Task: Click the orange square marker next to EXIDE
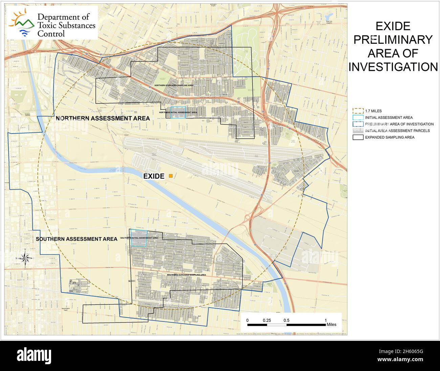coord(171,176)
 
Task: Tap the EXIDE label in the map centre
coord(154,176)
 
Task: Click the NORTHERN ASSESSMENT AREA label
coord(103,118)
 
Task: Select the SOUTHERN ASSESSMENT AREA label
coord(76,239)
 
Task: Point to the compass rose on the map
coord(25,258)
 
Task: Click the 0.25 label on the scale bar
coord(267,320)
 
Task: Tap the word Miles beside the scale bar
coord(332,325)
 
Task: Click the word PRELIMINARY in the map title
coord(393,40)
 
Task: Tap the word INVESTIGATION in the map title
coord(393,67)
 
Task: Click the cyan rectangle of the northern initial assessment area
coord(178,113)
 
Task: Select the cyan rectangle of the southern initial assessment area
coord(139,238)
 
